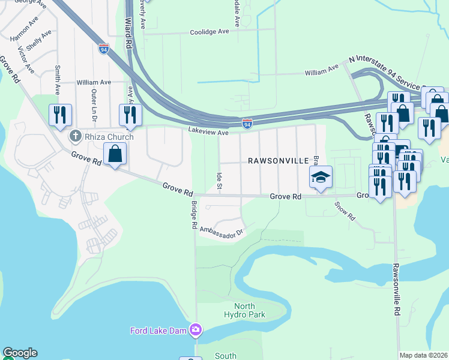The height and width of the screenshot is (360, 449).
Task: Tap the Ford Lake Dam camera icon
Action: coord(196,330)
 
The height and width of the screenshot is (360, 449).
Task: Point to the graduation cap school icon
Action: coord(321,176)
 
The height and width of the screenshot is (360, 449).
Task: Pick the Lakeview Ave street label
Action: coord(208,131)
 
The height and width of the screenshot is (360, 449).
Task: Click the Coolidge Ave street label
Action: coord(210,32)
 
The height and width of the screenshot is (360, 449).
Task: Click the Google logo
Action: coord(20,353)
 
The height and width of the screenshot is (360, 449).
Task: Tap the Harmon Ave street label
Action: coord(25,28)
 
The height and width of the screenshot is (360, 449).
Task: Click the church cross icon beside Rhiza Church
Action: coord(75,136)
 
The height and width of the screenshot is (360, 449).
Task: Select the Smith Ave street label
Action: coord(58,80)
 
